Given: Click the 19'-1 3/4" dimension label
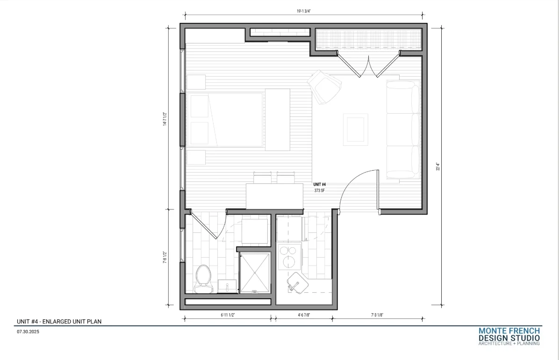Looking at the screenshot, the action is pyautogui.click(x=304, y=11).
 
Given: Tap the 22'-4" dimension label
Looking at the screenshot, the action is pyautogui.click(x=438, y=166).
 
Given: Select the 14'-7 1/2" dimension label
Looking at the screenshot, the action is pyautogui.click(x=165, y=119).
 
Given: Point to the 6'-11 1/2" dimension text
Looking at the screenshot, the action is pyautogui.click(x=228, y=315).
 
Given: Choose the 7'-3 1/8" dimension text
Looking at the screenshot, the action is pyautogui.click(x=377, y=315).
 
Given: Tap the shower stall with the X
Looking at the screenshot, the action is pyautogui.click(x=255, y=273).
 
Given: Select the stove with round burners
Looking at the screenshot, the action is pyautogui.click(x=289, y=256).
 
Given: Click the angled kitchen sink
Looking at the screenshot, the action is pyautogui.click(x=298, y=283).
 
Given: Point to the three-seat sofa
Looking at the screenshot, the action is pyautogui.click(x=403, y=129).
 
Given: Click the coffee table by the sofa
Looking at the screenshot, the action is pyautogui.click(x=355, y=130).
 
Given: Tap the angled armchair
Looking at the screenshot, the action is pyautogui.click(x=324, y=87).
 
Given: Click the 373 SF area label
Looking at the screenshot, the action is pyautogui.click(x=319, y=191).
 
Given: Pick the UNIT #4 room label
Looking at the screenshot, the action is pyautogui.click(x=319, y=185).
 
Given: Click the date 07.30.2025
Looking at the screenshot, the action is pyautogui.click(x=28, y=332).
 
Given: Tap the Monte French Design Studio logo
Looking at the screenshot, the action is pyautogui.click(x=509, y=337).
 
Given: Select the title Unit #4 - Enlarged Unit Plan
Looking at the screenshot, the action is pyautogui.click(x=59, y=322).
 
